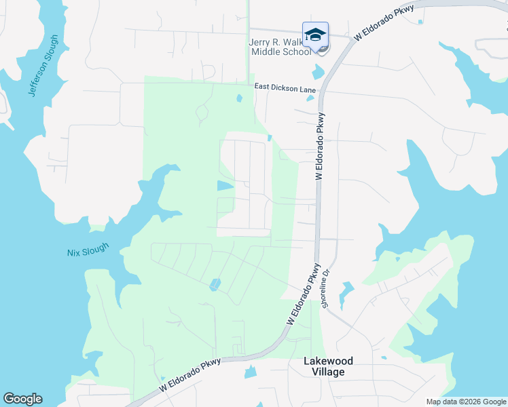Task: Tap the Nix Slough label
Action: tap(87, 252)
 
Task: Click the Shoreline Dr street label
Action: tap(326, 289)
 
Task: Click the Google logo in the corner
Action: tap(22, 399)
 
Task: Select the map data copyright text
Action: tap(465, 402)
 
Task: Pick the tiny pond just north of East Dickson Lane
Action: tap(239, 98)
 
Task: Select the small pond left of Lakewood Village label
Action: tap(251, 372)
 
